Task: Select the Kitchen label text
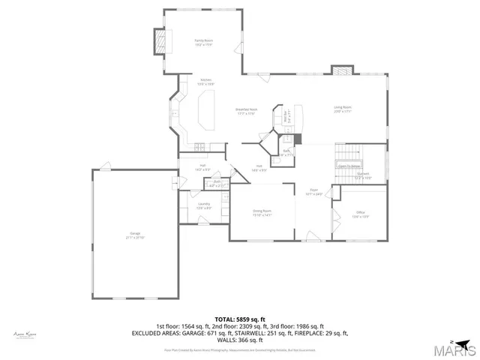(205, 79)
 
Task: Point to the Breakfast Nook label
(247, 109)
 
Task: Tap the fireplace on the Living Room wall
(342, 71)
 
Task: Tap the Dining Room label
(262, 211)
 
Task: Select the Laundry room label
(203, 204)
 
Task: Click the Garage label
(136, 234)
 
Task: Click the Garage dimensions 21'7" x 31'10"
(136, 238)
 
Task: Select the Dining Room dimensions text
(262, 216)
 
